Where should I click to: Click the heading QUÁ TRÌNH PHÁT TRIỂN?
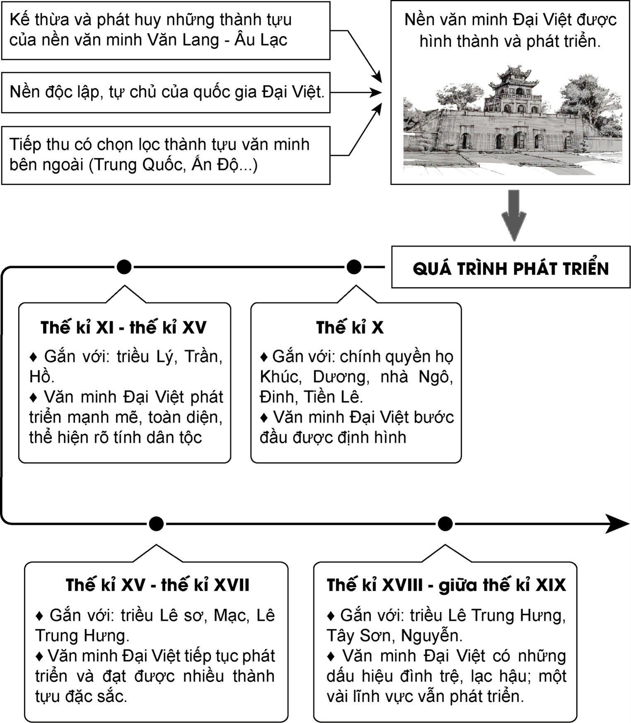click(511, 268)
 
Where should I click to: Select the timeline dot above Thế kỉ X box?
click(354, 267)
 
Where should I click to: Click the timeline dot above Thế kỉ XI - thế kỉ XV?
click(124, 267)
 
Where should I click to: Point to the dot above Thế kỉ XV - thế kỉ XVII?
click(156, 524)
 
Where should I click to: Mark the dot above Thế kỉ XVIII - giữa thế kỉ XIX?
click(445, 524)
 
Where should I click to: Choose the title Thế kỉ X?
click(350, 328)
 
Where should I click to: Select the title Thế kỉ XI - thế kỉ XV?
click(123, 328)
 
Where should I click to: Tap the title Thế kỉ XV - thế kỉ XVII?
click(157, 585)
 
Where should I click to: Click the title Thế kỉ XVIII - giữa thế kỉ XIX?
click(446, 585)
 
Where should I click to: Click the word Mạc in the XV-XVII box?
click(231, 615)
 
